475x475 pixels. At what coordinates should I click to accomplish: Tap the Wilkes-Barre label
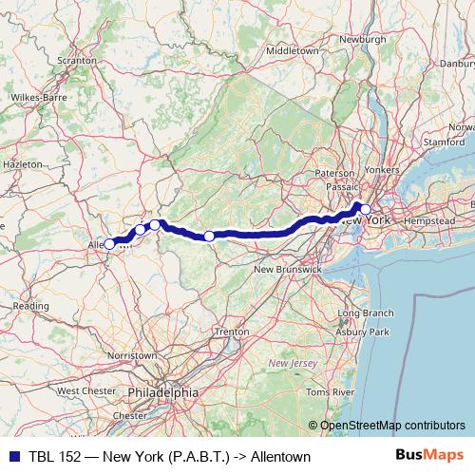pyautogui.click(x=37, y=97)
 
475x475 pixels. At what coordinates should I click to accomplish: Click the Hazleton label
pyautogui.click(x=23, y=164)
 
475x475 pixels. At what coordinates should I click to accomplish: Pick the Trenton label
pyautogui.click(x=232, y=332)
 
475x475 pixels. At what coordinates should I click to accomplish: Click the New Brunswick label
pyautogui.click(x=288, y=270)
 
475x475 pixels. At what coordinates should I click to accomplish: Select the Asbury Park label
pyautogui.click(x=367, y=332)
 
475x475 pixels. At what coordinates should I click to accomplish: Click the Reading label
pyautogui.click(x=30, y=306)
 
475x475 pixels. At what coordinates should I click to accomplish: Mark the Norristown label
pyautogui.click(x=134, y=354)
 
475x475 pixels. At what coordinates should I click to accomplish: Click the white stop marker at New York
pyautogui.click(x=365, y=210)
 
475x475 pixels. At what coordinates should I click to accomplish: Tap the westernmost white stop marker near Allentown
pyautogui.click(x=109, y=244)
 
